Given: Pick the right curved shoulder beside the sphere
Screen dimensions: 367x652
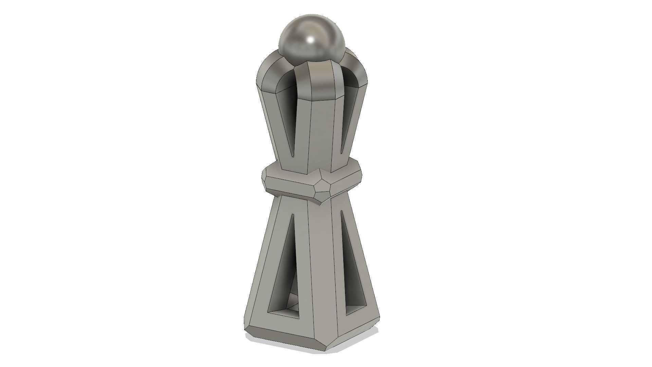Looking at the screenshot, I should coord(357,68).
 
